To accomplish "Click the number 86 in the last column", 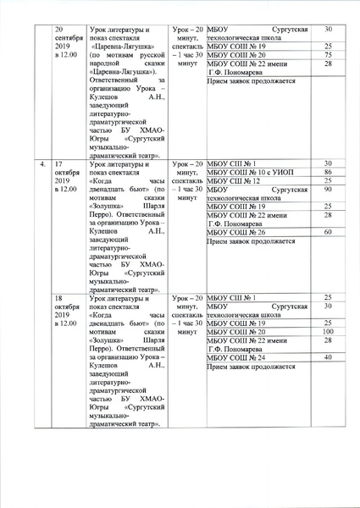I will [x=327, y=172].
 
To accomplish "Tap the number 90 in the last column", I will [x=327, y=190].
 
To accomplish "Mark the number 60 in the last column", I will [x=327, y=232].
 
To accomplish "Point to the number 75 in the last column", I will [x=327, y=55].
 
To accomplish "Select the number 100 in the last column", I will [x=327, y=332].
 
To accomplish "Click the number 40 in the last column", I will [x=327, y=359].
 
